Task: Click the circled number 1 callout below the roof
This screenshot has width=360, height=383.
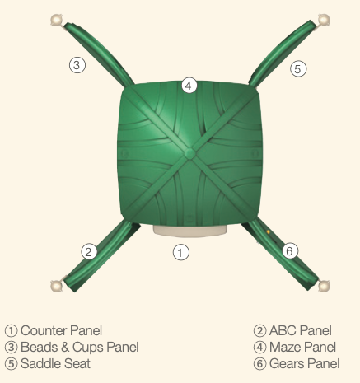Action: coord(181,252)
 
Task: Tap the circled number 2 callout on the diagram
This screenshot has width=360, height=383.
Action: coord(89,251)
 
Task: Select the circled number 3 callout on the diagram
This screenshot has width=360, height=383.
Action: coord(77,65)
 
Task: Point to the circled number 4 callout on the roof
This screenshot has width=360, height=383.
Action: coord(189,86)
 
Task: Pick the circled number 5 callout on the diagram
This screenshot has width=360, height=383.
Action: coord(298,68)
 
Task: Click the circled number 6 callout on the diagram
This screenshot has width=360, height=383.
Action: coord(290,250)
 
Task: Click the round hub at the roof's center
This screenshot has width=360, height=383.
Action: coord(189,153)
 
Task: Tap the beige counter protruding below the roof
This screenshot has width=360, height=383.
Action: coord(190,231)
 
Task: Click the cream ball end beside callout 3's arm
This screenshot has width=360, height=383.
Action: coord(57,20)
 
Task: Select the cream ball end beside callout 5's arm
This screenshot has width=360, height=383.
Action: coord(324,20)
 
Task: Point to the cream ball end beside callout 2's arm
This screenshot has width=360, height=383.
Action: coord(57,286)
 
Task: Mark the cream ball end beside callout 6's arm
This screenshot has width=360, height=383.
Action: coord(324,286)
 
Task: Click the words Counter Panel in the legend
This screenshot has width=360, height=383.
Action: coord(61,330)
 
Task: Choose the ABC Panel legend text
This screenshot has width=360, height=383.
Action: coord(301,330)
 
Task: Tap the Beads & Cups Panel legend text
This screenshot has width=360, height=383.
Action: coord(80,347)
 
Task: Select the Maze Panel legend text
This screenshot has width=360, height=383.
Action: coord(302,347)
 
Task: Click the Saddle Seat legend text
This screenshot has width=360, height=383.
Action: coord(55,363)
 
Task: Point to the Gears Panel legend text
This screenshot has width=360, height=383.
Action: coord(305,363)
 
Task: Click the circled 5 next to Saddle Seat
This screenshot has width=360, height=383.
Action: coord(12,364)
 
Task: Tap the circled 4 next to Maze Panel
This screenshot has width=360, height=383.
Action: coord(260,348)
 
